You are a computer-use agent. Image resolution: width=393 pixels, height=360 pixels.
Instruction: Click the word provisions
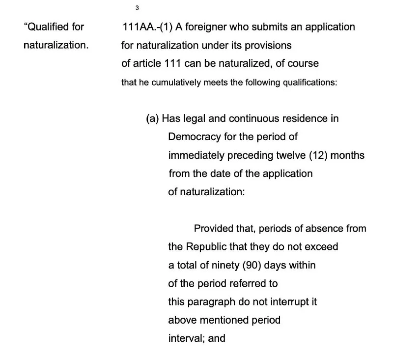tap(267, 45)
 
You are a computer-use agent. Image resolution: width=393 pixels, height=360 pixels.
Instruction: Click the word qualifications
tap(309, 83)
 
